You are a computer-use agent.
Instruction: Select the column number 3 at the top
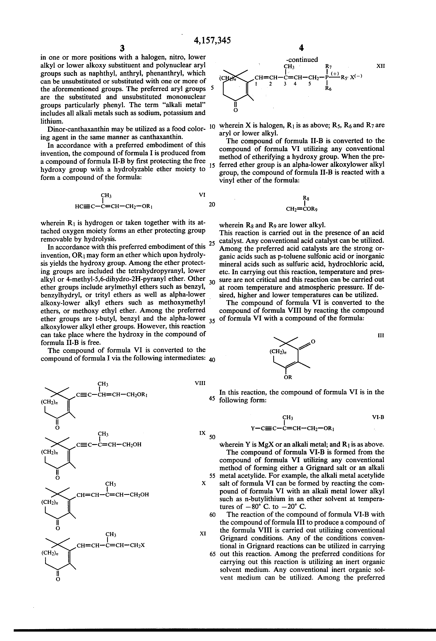[122, 48]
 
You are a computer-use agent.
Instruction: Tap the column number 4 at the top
[301, 48]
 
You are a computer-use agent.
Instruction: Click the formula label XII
[380, 66]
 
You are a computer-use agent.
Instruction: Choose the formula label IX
[202, 433]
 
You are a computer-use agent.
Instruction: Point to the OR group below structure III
[288, 377]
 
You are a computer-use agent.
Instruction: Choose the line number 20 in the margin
[212, 204]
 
